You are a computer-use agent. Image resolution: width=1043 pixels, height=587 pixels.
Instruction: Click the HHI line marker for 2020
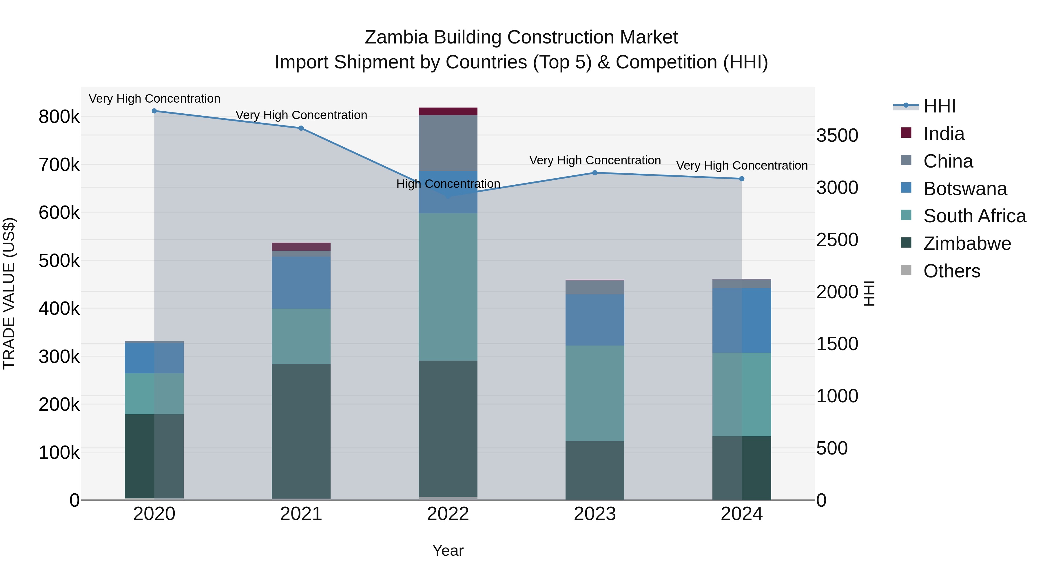click(x=154, y=111)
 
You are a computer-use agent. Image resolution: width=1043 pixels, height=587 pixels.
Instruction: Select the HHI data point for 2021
click(x=301, y=128)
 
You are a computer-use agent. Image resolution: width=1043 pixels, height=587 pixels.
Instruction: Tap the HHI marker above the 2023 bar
click(x=595, y=173)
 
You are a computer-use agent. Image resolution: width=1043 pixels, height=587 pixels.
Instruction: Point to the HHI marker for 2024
click(x=742, y=179)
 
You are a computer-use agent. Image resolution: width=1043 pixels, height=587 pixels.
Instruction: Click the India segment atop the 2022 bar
click(x=448, y=111)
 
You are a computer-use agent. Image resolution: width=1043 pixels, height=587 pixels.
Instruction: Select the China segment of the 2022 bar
click(x=448, y=143)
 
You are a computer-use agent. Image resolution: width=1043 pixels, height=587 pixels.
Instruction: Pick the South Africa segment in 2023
click(x=595, y=393)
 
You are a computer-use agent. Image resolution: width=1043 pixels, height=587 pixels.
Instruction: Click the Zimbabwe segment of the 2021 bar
click(x=301, y=431)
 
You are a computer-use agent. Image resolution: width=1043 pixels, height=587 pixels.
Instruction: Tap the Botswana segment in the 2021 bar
click(x=301, y=282)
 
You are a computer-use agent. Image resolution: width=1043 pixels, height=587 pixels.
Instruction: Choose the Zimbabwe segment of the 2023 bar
click(x=595, y=470)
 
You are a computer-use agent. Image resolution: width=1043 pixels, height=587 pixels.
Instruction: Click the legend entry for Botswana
click(x=965, y=189)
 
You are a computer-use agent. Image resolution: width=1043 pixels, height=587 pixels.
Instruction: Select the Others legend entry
click(x=951, y=271)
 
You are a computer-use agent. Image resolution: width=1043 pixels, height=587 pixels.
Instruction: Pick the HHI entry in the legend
click(x=939, y=106)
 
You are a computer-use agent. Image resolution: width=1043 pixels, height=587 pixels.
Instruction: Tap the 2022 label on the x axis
click(x=448, y=514)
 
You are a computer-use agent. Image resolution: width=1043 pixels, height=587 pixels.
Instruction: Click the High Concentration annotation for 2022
click(x=448, y=184)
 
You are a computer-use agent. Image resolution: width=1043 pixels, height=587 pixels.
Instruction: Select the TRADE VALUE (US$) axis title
click(x=9, y=293)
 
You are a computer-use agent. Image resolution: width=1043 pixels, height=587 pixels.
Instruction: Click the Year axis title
click(x=448, y=550)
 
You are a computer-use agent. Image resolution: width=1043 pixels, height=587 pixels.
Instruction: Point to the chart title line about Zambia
click(x=521, y=37)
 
